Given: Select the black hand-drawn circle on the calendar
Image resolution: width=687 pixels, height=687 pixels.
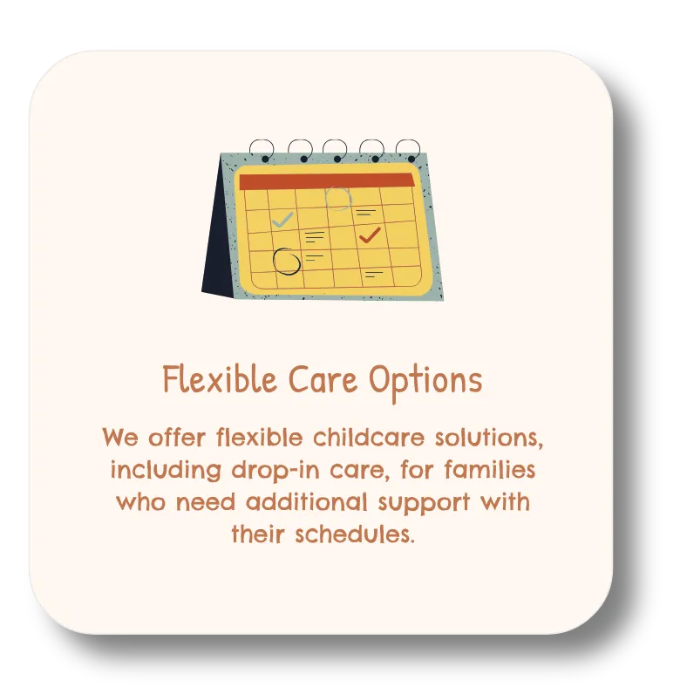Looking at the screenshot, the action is click(x=286, y=262).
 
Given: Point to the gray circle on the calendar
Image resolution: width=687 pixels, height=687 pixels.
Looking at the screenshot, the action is click(x=337, y=199).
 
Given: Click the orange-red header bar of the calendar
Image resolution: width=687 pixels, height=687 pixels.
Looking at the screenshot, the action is click(x=326, y=181).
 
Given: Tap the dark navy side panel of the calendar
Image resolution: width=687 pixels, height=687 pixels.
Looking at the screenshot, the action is click(x=219, y=236).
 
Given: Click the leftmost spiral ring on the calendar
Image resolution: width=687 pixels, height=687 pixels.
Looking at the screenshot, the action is click(x=262, y=150).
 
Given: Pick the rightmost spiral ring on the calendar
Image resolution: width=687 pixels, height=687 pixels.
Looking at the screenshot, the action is click(x=408, y=151).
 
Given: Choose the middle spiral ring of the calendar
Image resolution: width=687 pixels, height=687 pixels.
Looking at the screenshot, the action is click(x=335, y=150).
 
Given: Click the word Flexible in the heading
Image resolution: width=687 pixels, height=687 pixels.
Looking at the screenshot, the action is click(x=220, y=379).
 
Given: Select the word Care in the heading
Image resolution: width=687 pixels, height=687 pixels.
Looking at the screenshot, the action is click(x=323, y=379).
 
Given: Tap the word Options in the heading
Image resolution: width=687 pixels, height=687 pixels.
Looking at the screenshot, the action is click(x=425, y=382).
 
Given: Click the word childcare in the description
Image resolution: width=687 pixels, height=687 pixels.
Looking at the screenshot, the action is click(x=369, y=438).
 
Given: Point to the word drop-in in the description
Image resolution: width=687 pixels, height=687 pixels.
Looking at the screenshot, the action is click(x=275, y=470).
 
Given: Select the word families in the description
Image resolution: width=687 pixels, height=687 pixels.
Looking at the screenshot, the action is click(x=490, y=469).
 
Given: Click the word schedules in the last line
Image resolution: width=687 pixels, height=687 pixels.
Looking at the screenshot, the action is click(x=355, y=534).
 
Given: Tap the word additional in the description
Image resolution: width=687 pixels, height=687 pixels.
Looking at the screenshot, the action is click(x=307, y=501).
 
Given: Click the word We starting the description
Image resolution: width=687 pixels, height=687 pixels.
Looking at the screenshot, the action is click(x=120, y=438).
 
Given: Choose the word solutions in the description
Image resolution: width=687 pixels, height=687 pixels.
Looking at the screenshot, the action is click(x=489, y=439).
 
